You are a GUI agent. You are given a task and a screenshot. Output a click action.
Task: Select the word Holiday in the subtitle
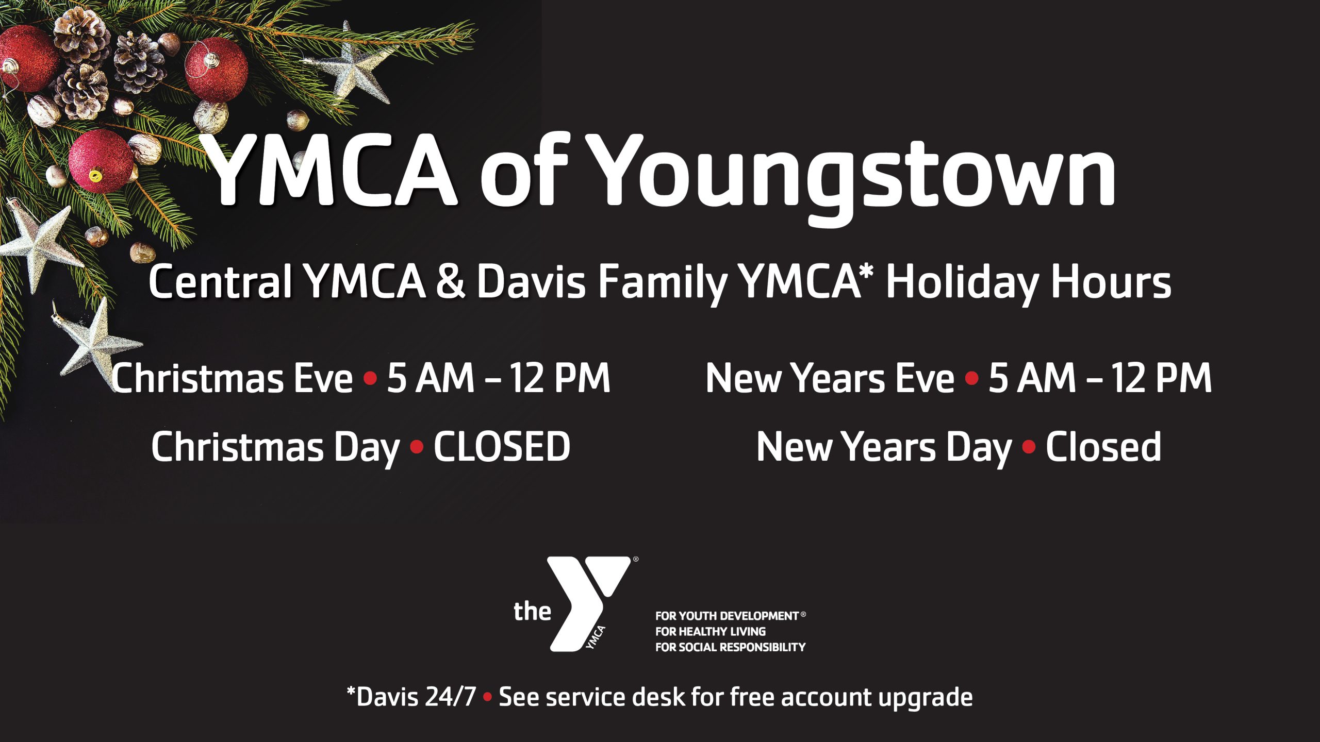[x=962, y=283]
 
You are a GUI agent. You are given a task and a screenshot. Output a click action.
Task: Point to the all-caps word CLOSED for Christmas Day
[x=502, y=447]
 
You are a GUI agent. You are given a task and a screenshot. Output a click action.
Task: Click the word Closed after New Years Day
[x=1103, y=446]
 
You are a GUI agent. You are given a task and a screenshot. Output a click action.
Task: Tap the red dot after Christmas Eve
[x=370, y=379]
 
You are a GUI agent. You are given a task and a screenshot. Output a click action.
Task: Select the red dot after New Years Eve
[x=971, y=379]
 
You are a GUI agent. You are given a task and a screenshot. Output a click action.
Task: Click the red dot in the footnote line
[x=487, y=698]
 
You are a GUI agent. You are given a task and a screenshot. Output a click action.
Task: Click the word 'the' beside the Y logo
[x=532, y=612]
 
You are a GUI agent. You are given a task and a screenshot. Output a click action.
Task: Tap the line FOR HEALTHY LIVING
[x=711, y=631]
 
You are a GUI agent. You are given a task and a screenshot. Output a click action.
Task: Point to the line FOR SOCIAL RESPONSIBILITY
[x=730, y=647]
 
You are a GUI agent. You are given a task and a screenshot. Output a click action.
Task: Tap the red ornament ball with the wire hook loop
[x=217, y=70]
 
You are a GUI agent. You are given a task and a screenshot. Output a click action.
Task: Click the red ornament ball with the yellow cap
[x=101, y=161]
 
